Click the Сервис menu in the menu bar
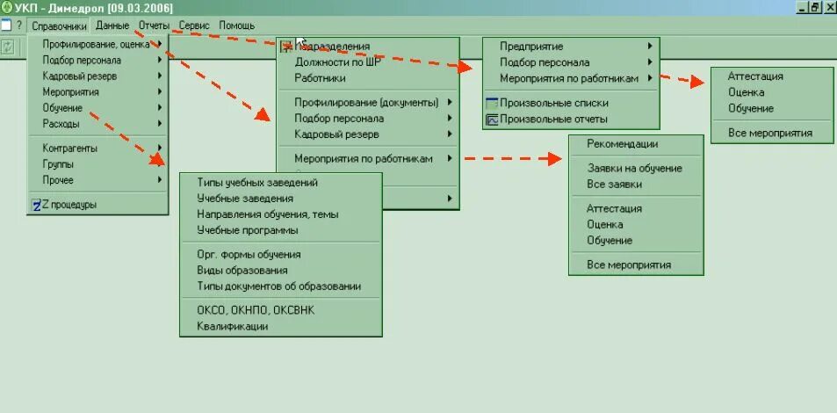tap(193, 25)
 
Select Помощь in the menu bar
tap(236, 25)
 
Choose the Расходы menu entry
tap(61, 124)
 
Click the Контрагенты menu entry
tap(69, 149)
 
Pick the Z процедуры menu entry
tap(69, 205)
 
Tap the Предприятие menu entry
tap(531, 47)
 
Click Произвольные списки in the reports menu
tap(553, 104)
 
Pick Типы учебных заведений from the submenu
tap(257, 183)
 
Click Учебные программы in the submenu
tap(248, 230)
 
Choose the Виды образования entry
tap(242, 271)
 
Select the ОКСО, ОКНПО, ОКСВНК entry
tap(256, 310)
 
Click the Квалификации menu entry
tap(233, 327)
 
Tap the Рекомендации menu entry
tap(622, 144)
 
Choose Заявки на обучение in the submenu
tap(634, 169)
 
